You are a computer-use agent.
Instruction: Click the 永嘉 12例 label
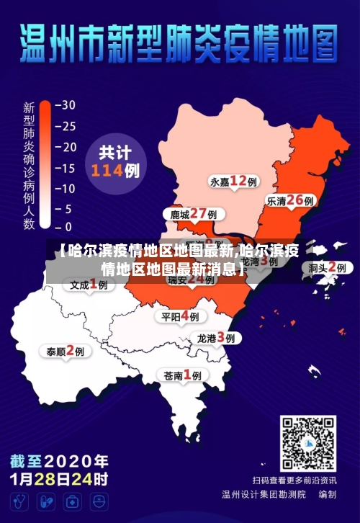click(233, 181)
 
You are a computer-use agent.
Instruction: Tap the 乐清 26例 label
click(290, 201)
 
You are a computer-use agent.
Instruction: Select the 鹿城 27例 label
click(193, 214)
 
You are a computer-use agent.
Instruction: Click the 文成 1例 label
click(89, 285)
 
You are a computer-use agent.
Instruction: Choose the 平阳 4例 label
click(180, 316)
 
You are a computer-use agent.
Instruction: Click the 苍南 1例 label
click(182, 375)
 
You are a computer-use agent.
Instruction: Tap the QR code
click(308, 443)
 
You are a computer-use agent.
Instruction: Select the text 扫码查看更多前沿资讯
click(294, 480)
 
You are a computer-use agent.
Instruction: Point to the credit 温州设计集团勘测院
click(264, 495)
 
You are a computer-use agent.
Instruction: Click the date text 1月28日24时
click(60, 478)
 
